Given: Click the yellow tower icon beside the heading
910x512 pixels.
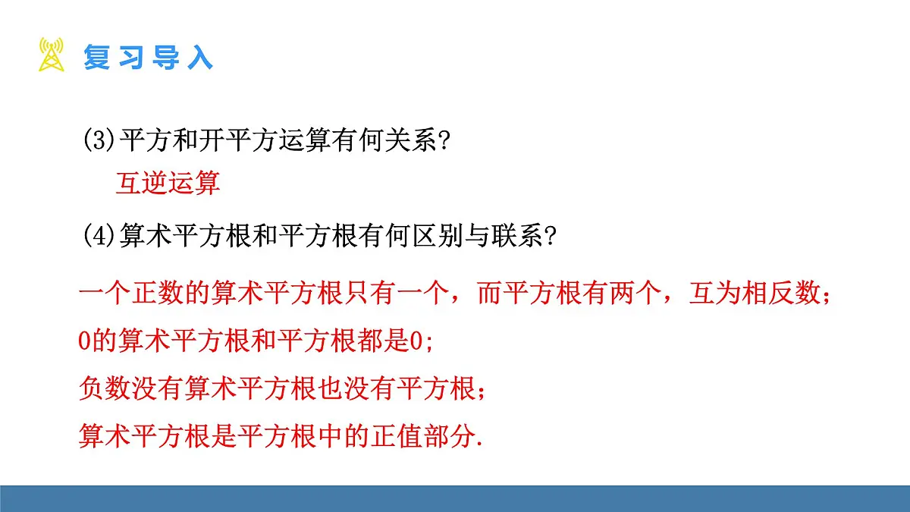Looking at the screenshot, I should [x=52, y=55].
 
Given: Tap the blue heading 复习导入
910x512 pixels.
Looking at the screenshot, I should [x=148, y=58].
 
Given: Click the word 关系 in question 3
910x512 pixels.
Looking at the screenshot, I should [x=400, y=142].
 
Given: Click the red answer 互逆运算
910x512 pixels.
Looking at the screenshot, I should [x=168, y=184].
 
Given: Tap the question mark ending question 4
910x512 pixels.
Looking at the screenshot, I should [x=551, y=237].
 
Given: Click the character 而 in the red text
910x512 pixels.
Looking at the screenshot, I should [x=488, y=294].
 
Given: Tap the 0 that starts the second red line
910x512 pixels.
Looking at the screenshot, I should [x=84, y=341].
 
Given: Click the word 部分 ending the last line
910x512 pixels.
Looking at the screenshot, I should [x=451, y=436].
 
